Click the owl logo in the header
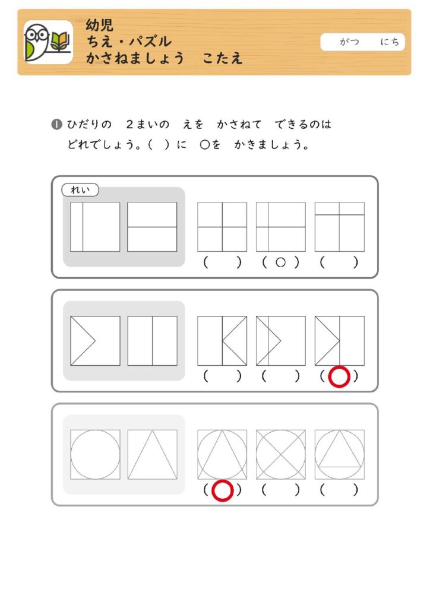(x=48, y=42)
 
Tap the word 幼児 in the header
(x=100, y=26)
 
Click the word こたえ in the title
(x=223, y=58)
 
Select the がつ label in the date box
(x=349, y=42)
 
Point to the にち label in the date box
(x=389, y=42)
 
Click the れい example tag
(x=80, y=190)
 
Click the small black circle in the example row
(x=281, y=262)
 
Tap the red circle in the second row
(x=339, y=376)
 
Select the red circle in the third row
(x=223, y=490)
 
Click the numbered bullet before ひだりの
(x=56, y=125)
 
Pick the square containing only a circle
(x=96, y=454)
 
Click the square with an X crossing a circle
(x=281, y=454)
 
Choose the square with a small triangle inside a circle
(x=340, y=454)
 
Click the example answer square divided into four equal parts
(x=222, y=227)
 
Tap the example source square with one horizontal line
(x=153, y=227)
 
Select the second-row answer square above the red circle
(x=340, y=341)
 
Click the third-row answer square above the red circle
(x=222, y=454)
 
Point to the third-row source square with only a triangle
(x=153, y=454)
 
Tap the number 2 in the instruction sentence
(x=130, y=125)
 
